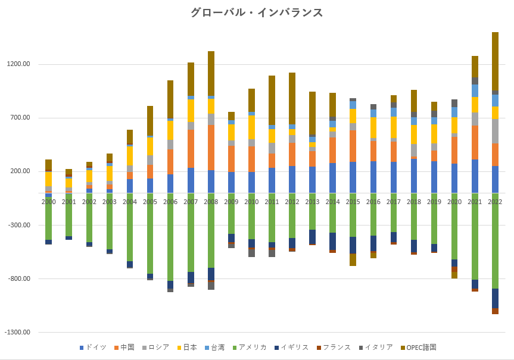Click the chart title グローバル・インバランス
pos(257,12)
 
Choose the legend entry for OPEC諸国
pos(422,348)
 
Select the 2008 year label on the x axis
pos(211,202)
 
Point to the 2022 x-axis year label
pos(495,202)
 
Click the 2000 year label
pos(49,202)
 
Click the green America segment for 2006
pos(170,238)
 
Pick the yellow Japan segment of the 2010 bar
pos(251,127)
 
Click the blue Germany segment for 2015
pos(353,177)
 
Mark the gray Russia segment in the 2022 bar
pos(495,131)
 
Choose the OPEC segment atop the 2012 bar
pos(292,98)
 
